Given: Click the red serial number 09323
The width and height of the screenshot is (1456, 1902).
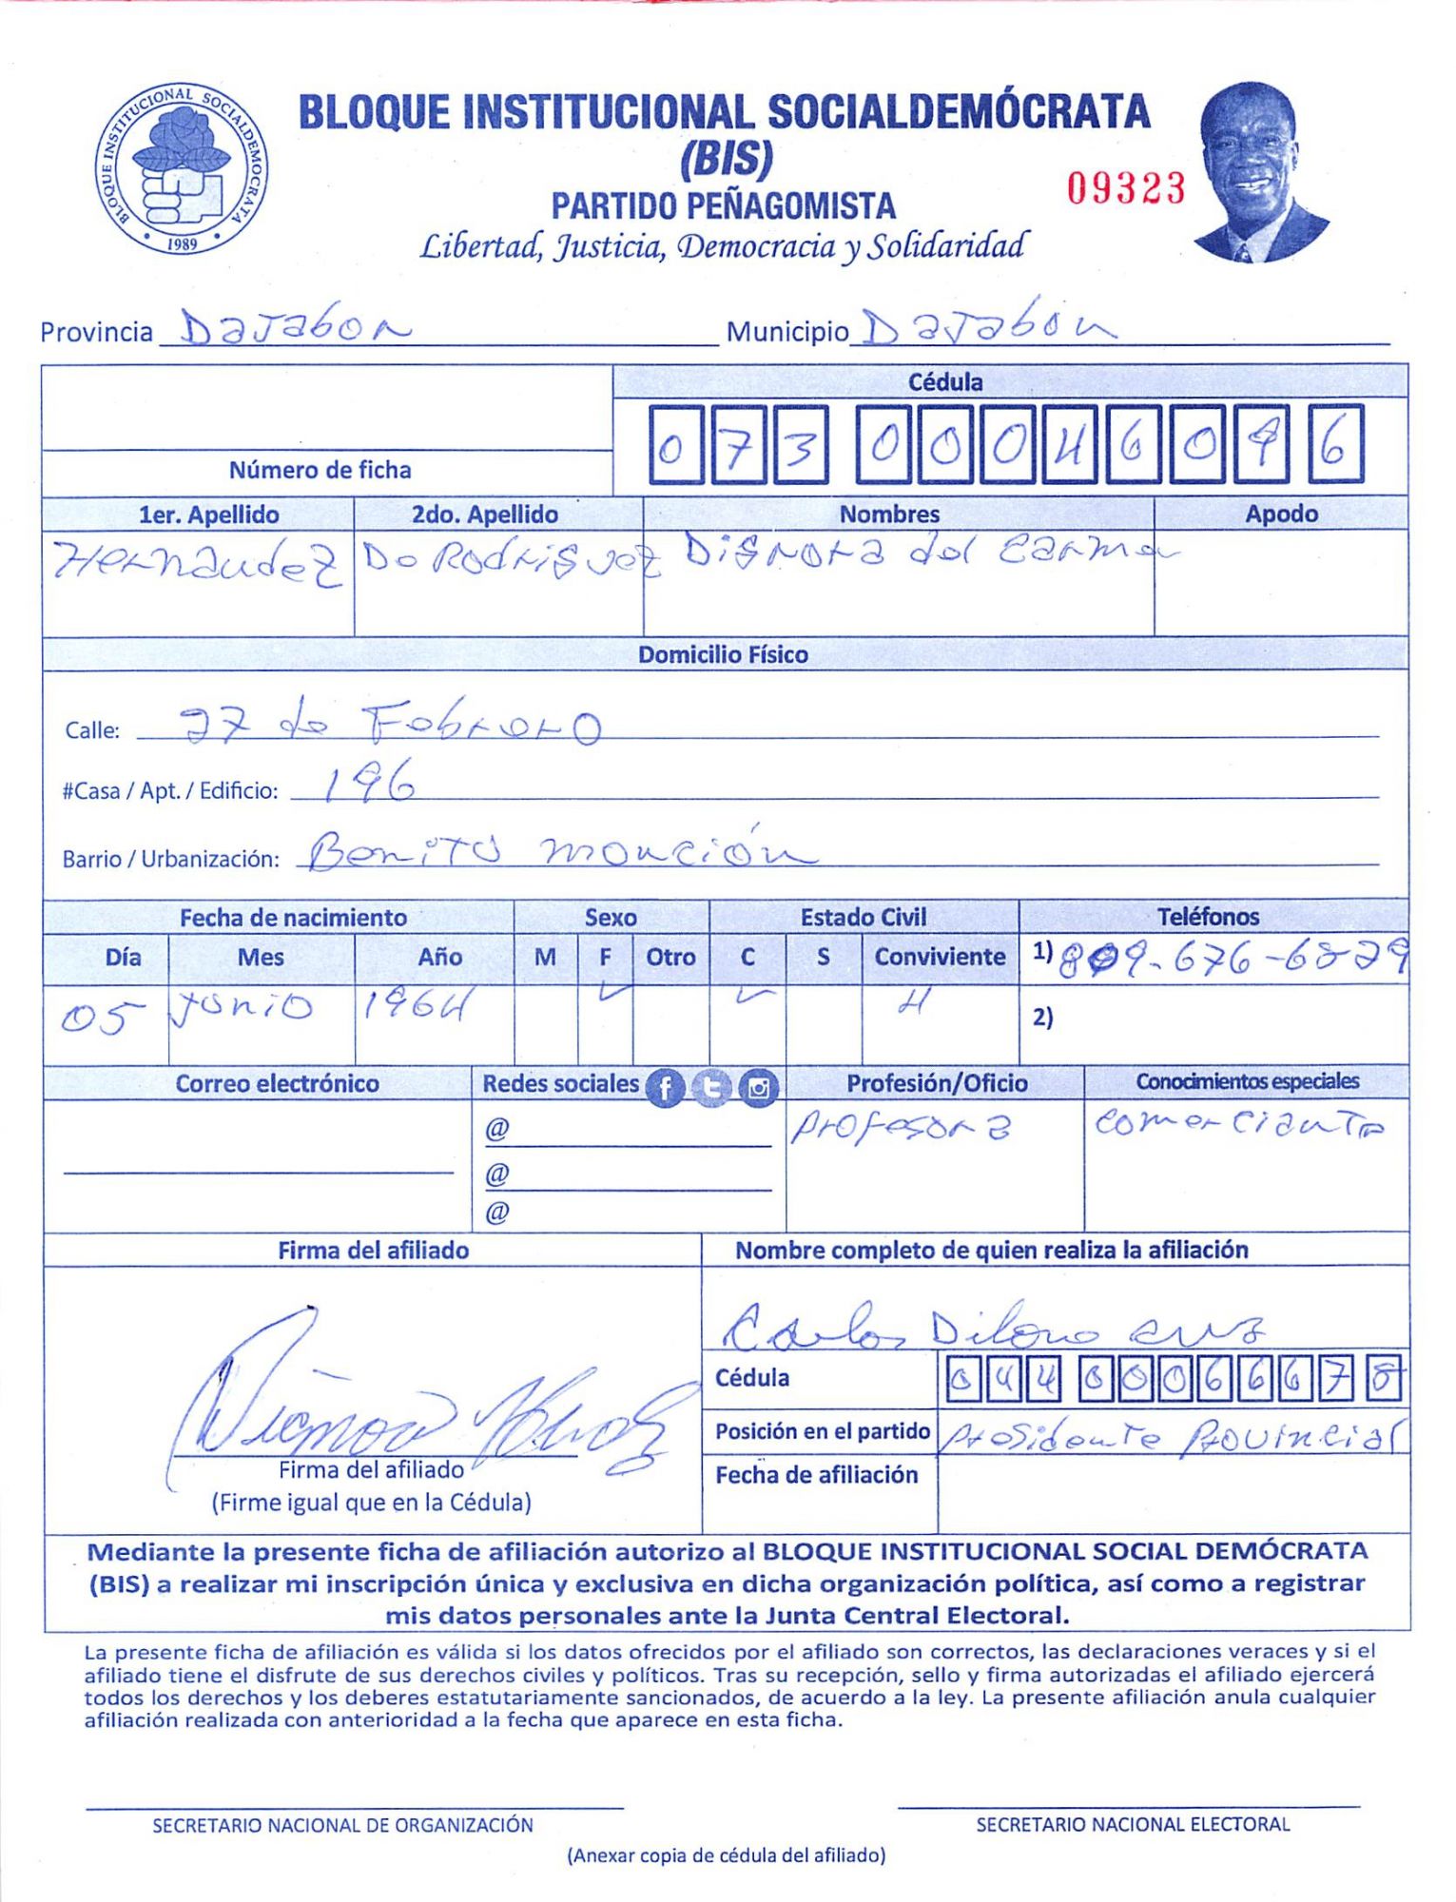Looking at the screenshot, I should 1125,188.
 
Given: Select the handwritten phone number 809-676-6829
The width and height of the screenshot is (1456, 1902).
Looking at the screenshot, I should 1233,961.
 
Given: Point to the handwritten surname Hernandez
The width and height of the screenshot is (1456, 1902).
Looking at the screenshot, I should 196,563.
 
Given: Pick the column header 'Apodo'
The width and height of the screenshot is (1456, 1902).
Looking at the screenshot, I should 1281,514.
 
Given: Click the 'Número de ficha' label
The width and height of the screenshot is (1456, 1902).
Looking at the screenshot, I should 320,470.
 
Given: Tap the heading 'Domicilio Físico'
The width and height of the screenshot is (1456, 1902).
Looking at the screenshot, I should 723,654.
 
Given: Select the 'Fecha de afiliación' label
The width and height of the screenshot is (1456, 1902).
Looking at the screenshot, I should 816,1474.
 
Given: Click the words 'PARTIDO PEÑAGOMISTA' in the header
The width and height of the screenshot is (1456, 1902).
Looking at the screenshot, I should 723,205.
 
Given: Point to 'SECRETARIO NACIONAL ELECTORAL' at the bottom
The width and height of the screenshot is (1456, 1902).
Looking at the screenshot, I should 1132,1824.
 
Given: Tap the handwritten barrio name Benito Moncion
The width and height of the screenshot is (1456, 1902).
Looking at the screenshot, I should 561,849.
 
